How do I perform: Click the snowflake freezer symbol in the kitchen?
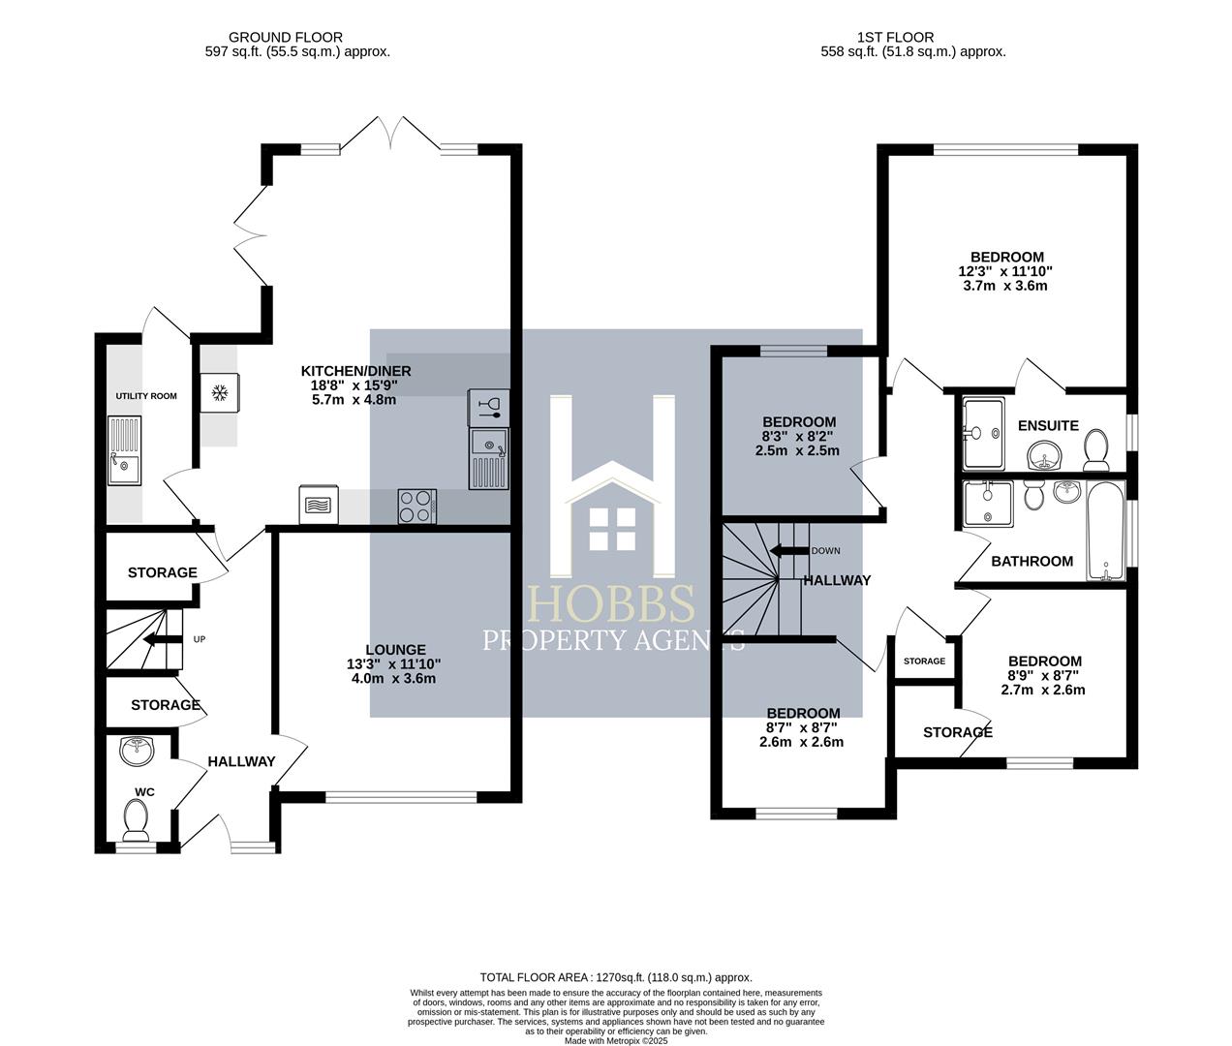[x=220, y=393]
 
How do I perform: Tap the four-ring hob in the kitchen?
[x=416, y=506]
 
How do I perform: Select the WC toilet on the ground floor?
[x=136, y=817]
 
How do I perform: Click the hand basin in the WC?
[x=138, y=751]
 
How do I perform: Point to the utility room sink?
[x=125, y=450]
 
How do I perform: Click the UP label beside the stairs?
[x=200, y=639]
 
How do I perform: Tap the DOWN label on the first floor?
[x=825, y=551]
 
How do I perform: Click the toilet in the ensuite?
[x=1095, y=449]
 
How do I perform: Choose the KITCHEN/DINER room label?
[x=355, y=371]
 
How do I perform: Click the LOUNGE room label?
[x=396, y=650]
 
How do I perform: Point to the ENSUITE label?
[x=1048, y=425]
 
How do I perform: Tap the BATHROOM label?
[x=1032, y=561]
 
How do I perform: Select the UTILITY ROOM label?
[x=146, y=396]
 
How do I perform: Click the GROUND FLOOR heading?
[x=286, y=37]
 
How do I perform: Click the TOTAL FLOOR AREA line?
[x=616, y=977]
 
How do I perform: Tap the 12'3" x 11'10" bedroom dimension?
[x=1005, y=271]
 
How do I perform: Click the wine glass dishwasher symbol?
[x=489, y=408]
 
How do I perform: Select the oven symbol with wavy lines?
[x=319, y=505]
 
